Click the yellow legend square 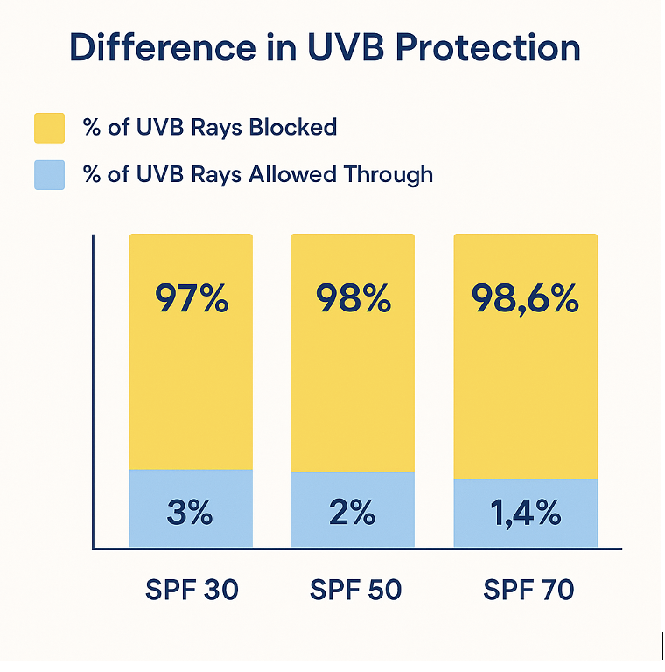click(50, 127)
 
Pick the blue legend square click(50, 174)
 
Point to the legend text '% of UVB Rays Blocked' click(210, 127)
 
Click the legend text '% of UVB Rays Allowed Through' click(258, 174)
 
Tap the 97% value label click(192, 299)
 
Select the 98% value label click(353, 299)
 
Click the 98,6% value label click(525, 299)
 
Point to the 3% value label click(190, 513)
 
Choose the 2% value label click(352, 513)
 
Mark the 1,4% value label click(525, 514)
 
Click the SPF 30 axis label click(192, 591)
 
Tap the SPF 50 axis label click(355, 591)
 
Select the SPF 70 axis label click(528, 591)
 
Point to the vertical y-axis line click(93, 394)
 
